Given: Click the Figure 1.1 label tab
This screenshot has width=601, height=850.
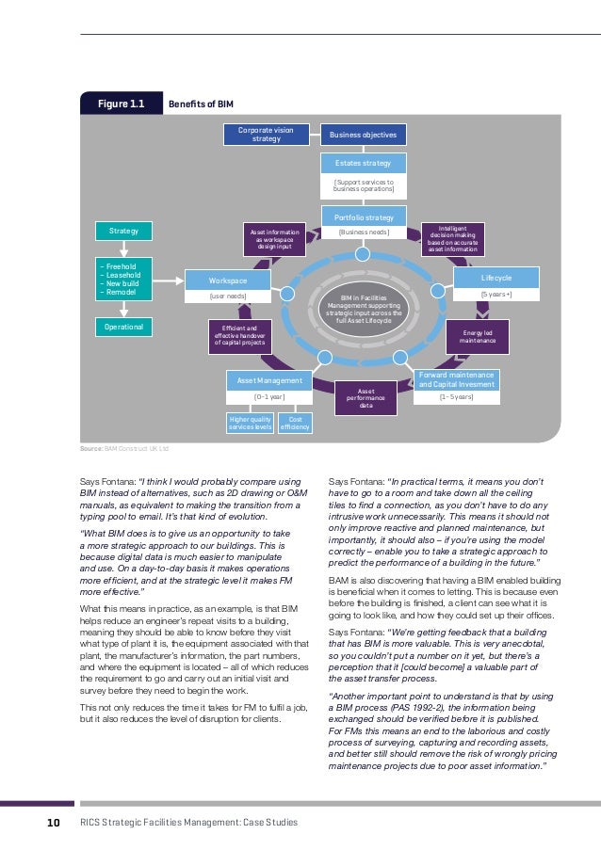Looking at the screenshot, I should [x=122, y=103].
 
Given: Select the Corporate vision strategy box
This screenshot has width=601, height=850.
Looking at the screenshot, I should [x=266, y=135].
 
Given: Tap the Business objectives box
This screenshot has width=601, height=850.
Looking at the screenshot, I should [x=364, y=135].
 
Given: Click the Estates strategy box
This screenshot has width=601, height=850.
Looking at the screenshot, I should [x=364, y=163].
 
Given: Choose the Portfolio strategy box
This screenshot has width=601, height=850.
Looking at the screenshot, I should [x=364, y=217].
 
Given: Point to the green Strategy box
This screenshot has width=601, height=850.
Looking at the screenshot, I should [x=123, y=231].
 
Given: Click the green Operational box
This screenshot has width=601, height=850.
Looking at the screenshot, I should [x=123, y=326].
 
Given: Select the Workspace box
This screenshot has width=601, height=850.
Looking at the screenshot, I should [x=228, y=281].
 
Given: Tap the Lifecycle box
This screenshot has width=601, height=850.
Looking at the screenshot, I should [x=496, y=279].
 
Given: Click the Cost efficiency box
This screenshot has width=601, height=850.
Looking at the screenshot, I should [x=295, y=425].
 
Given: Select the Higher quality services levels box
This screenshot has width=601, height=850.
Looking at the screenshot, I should [x=250, y=425].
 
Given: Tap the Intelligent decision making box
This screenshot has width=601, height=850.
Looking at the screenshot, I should [x=452, y=239].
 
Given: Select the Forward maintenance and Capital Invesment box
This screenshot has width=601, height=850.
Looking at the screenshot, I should [x=456, y=379].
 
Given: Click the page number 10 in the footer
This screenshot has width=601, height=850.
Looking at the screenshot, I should [x=54, y=823].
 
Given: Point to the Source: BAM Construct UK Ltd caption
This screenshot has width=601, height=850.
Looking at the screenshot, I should [x=124, y=450].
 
